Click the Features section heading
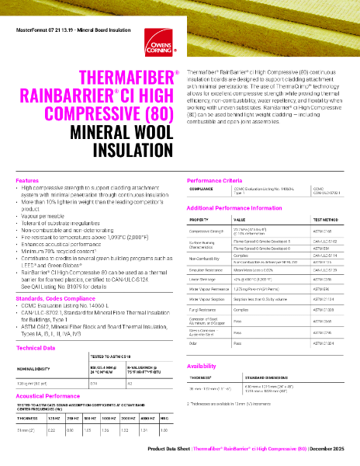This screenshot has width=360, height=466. pyautogui.click(x=28, y=180)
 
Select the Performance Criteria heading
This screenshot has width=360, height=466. pyautogui.click(x=217, y=180)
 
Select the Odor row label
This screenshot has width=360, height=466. pyautogui.click(x=194, y=342)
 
